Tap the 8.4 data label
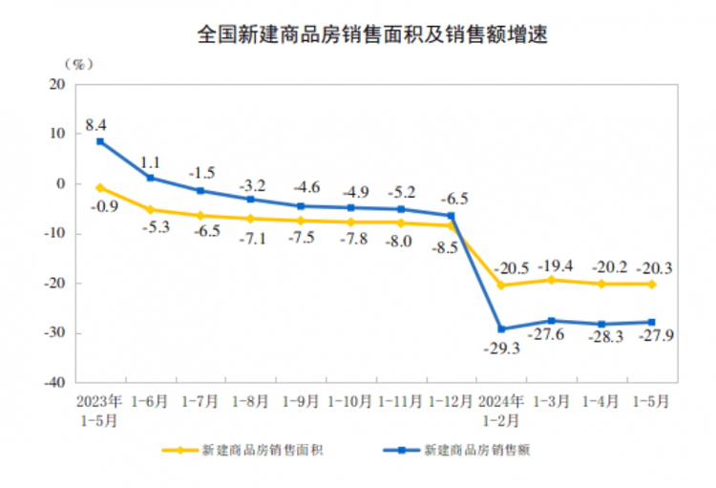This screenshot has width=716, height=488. point(95,124)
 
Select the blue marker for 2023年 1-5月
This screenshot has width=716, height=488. point(100,142)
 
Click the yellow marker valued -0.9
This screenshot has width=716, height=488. point(100,188)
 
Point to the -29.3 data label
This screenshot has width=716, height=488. point(501,350)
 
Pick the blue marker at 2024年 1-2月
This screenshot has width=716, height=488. point(502,329)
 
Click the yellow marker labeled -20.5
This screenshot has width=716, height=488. point(502,286)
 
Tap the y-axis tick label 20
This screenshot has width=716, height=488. point(56,84)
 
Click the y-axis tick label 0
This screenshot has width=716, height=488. point(60,183)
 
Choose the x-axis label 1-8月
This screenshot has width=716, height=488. point(251,401)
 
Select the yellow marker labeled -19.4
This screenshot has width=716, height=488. point(552,279)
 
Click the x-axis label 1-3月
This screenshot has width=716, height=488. point(552,401)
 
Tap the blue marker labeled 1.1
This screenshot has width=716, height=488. point(151,178)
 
